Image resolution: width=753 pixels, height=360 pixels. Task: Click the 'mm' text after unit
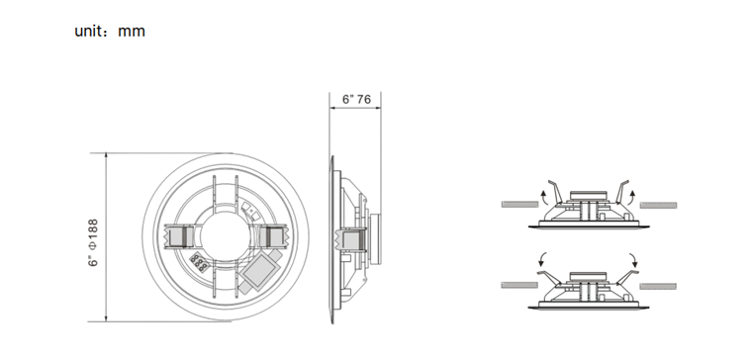pos(132,31)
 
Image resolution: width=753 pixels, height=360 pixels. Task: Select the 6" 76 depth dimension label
pos(356,100)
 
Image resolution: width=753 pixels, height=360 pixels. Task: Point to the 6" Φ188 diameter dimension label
pos(92,237)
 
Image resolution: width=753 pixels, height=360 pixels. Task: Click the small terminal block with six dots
pos(198,264)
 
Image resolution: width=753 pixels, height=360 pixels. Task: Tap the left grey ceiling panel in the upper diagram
pos(518,205)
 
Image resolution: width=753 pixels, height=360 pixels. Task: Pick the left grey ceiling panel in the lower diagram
pos(518,284)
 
